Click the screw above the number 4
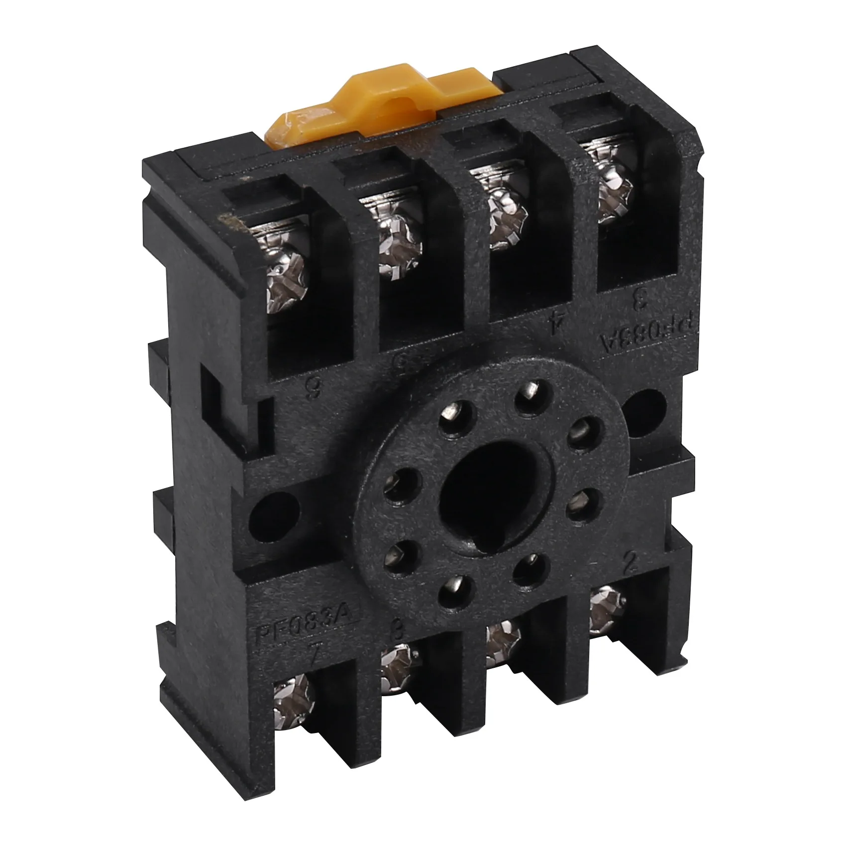click(507, 219)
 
